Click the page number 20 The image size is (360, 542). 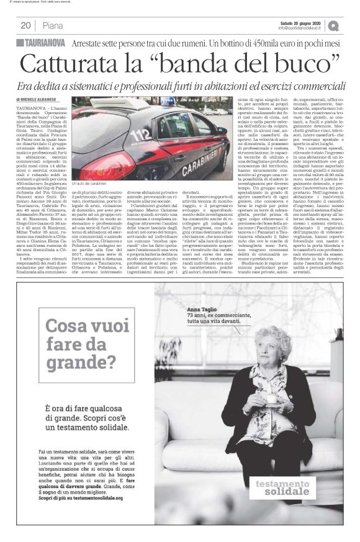pyautogui.click(x=25, y=25)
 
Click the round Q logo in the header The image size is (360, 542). pyautogui.click(x=335, y=25)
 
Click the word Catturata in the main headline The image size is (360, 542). pyautogui.click(x=69, y=65)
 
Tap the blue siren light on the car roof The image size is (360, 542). pyautogui.click(x=117, y=105)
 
